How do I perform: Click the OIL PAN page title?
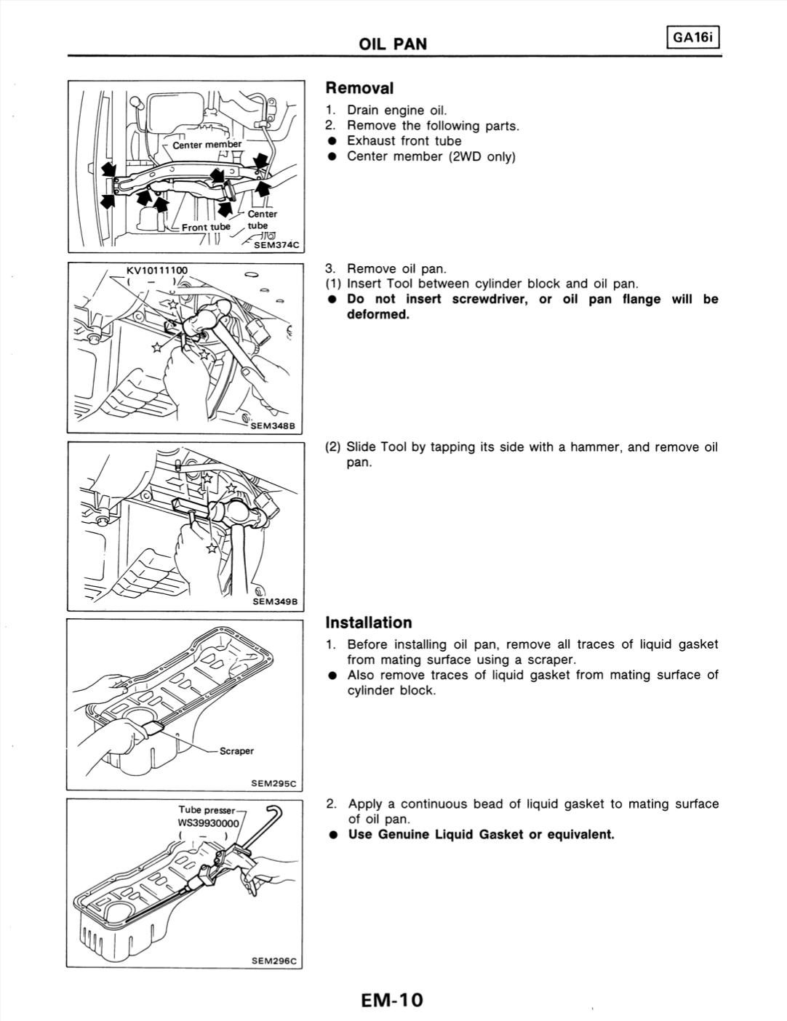coord(393,44)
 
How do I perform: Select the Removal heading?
coord(359,88)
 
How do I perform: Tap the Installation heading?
coord(369,622)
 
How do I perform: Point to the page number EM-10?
coord(391,1000)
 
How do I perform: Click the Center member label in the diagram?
coord(207,144)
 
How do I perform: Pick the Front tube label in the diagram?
coord(205,227)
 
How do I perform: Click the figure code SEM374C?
coord(276,245)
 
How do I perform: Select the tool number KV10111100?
coord(156,271)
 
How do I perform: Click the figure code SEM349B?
coord(276,601)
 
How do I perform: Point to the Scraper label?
coord(236,751)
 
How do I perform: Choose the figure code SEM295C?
coord(274,783)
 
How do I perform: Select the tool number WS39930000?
coord(208,823)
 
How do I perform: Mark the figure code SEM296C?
coord(274,961)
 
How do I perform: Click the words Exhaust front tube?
coord(404,141)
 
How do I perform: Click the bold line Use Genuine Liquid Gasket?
coord(481,834)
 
